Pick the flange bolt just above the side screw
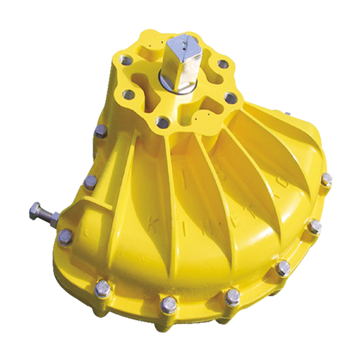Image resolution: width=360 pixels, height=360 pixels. pyautogui.click(x=90, y=183)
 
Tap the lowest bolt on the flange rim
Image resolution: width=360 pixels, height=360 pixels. pyautogui.click(x=169, y=304)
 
